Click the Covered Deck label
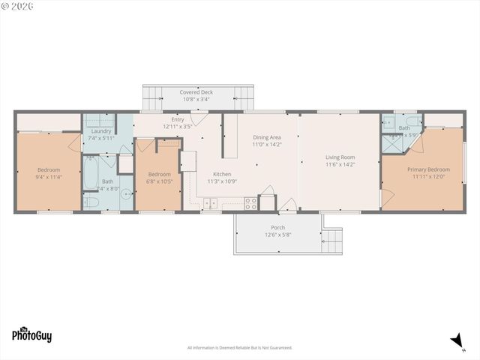coord(196,92)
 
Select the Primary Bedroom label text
coord(428,169)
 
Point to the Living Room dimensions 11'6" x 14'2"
coord(340,164)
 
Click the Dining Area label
coord(266,137)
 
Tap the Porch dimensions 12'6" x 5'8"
coord(277,235)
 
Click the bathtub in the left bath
coord(91,177)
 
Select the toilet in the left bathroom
coord(90,201)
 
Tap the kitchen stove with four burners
coord(250,202)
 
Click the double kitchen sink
coord(211,202)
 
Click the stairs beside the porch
coord(331,241)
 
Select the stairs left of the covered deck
coord(153,97)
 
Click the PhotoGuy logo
coord(31,335)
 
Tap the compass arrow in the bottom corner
coord(454,340)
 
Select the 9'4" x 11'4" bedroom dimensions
coord(49,177)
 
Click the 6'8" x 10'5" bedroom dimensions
coord(159,181)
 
